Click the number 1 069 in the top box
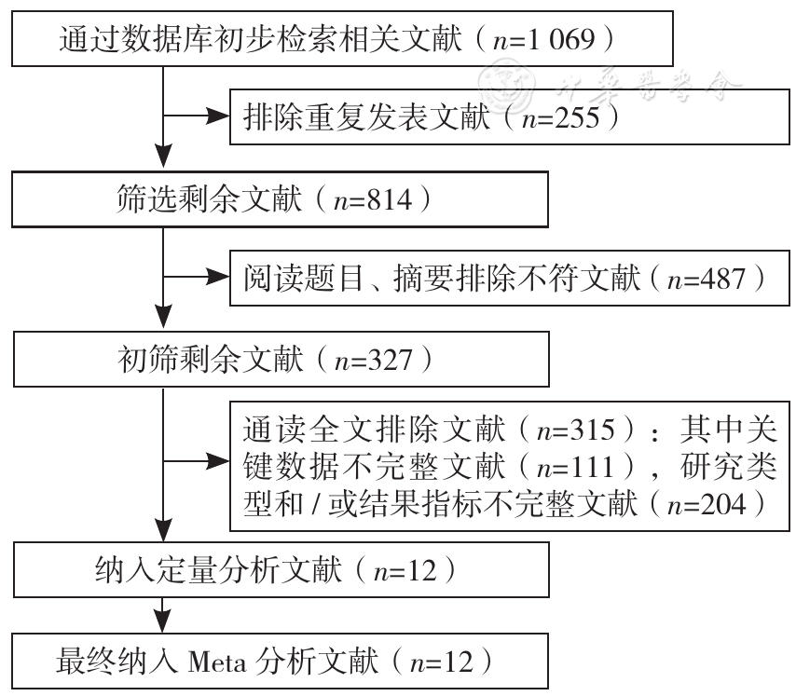(561, 39)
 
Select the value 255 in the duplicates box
(577, 117)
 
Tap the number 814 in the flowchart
(390, 199)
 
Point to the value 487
(722, 279)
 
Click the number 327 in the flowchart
(390, 360)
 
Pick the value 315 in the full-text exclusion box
(593, 430)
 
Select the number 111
(593, 467)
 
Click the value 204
(723, 504)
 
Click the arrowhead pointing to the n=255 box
(218, 116)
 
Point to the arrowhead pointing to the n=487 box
(218, 277)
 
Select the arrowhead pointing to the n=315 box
(218, 461)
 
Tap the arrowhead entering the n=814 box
(163, 157)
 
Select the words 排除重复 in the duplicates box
(304, 117)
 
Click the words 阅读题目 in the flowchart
(304, 279)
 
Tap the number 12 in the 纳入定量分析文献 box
(422, 571)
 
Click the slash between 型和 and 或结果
(316, 505)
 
